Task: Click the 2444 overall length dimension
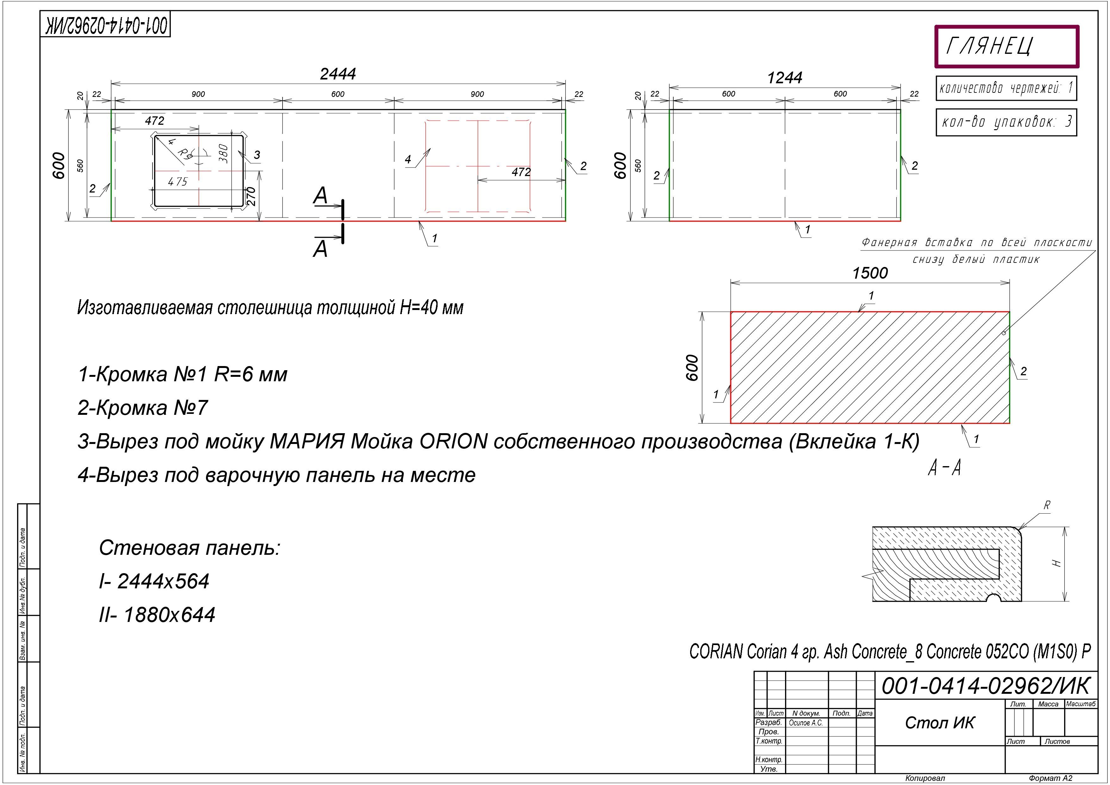(338, 74)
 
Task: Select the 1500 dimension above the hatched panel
(870, 273)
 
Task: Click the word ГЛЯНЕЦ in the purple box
(989, 47)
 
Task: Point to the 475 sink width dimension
(178, 182)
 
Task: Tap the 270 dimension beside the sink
(251, 196)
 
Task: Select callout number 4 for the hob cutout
(408, 160)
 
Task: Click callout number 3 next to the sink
(257, 155)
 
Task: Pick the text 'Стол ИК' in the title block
(939, 723)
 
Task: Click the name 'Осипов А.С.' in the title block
(805, 723)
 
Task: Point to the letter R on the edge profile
(1047, 505)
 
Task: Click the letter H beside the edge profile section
(1057, 563)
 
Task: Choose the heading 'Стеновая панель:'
(190, 548)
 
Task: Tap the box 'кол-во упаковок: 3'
(1006, 122)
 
